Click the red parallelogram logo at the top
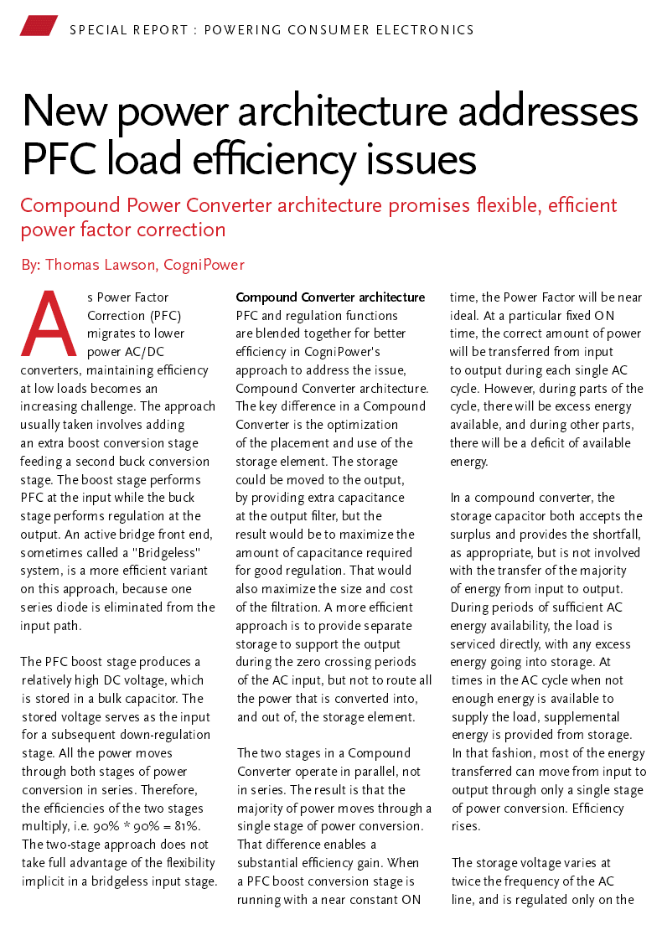pyautogui.click(x=39, y=26)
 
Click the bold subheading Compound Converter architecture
pyautogui.click(x=330, y=297)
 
